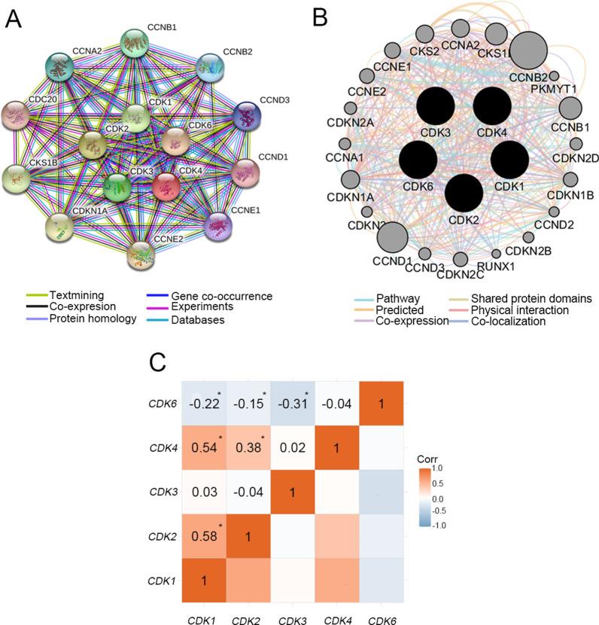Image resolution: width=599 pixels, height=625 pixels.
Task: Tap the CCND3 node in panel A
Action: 245,117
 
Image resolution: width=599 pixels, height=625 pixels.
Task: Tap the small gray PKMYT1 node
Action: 555,76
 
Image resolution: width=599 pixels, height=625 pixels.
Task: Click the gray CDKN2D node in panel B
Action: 576,143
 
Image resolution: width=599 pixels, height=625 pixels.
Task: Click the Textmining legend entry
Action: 67,294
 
